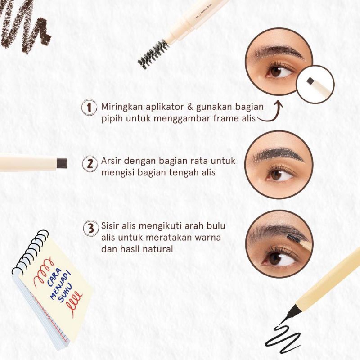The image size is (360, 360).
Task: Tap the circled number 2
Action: (90, 163)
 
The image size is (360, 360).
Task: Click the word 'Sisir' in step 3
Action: (110, 225)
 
